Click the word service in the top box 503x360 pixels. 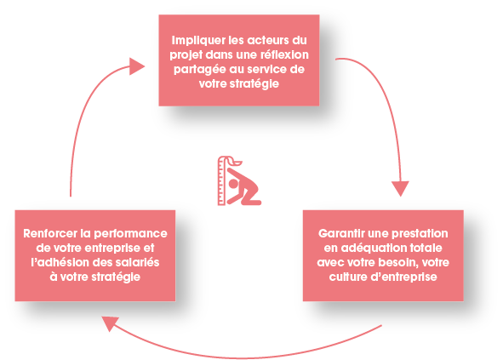point(266,69)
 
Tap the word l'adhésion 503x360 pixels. point(60,262)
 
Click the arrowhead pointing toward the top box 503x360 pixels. point(136,66)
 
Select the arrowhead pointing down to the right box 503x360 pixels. point(400,188)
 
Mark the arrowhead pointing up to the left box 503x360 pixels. point(110,323)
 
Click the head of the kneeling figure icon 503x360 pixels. point(233,184)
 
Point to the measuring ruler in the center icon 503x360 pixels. point(221,180)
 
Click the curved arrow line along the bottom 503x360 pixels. point(243,357)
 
